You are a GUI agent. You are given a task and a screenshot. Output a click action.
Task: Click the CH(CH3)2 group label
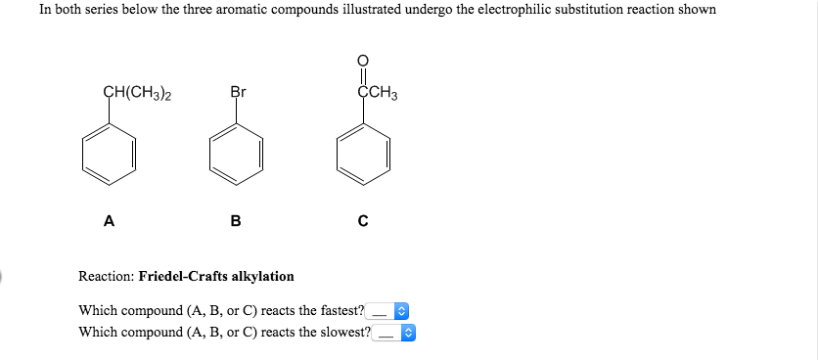(x=137, y=94)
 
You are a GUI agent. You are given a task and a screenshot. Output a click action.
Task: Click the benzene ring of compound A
(x=110, y=156)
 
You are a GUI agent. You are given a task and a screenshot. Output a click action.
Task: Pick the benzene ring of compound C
(x=363, y=156)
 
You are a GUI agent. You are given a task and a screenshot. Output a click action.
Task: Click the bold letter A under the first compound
(x=109, y=221)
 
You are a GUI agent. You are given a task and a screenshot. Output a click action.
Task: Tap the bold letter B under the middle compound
(x=236, y=221)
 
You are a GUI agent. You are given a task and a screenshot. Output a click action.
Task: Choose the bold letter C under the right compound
(x=363, y=221)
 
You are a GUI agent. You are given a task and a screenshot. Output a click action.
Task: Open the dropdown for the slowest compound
(x=397, y=333)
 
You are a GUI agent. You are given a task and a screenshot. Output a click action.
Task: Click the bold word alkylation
(x=264, y=277)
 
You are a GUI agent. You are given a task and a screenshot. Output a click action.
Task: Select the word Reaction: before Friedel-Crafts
(x=107, y=277)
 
